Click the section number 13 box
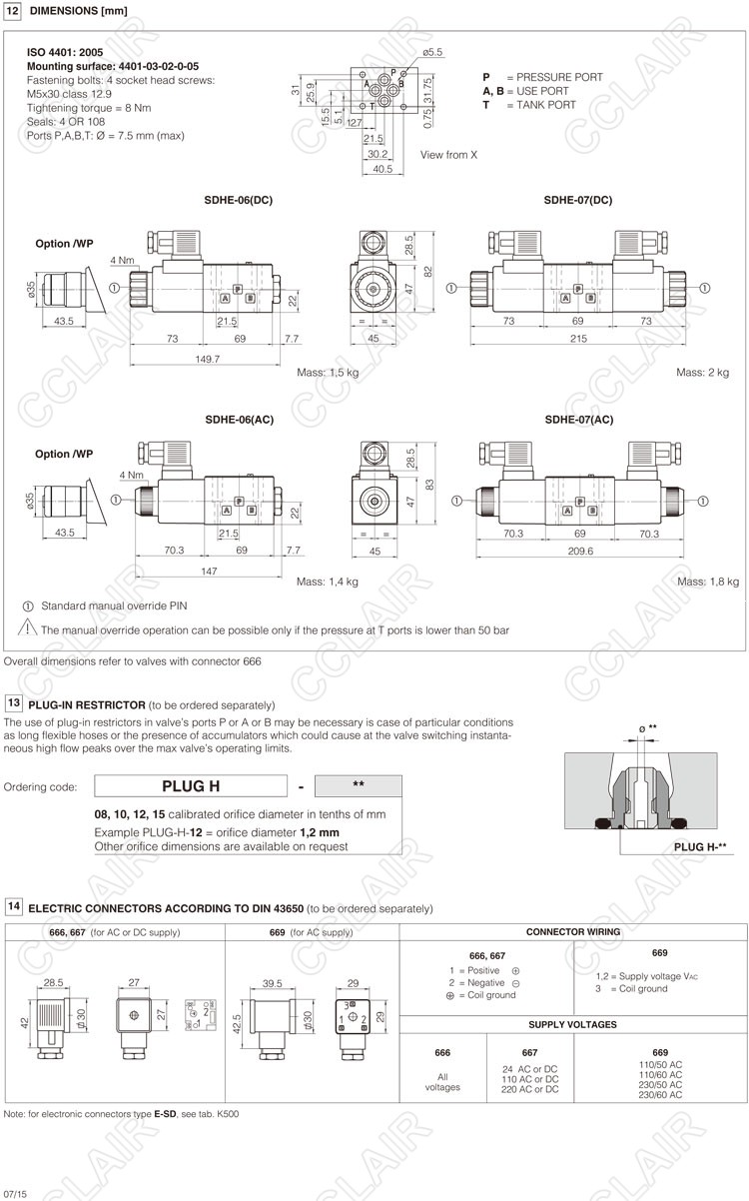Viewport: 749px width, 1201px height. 13,703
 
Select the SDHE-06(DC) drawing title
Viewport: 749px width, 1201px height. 238,200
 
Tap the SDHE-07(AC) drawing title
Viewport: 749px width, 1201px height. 578,420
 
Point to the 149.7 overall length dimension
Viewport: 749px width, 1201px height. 205,358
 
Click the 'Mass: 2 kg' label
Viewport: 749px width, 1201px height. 703,373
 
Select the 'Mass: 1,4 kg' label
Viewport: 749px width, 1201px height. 328,582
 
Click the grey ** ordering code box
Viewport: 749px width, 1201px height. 358,785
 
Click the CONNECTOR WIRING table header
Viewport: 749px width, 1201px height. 572,931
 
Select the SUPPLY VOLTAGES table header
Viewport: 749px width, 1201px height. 572,1024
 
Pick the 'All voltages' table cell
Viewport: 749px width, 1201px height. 442,1081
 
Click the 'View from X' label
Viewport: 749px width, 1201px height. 448,155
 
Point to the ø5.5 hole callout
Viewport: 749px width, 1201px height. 432,51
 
